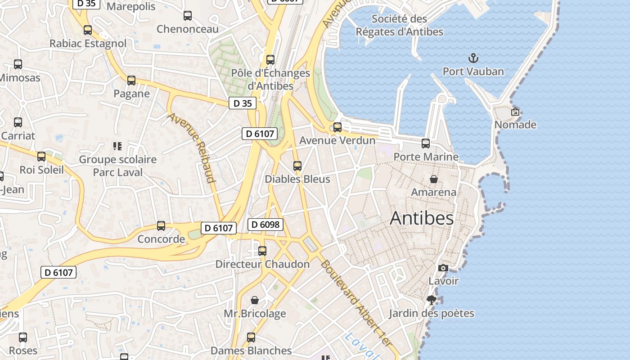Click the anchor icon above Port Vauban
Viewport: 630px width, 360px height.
click(473, 58)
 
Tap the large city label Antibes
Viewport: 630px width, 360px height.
click(422, 218)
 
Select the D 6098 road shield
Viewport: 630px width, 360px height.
click(265, 224)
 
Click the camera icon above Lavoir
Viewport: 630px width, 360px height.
click(443, 268)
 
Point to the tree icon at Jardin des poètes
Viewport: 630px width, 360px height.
click(432, 300)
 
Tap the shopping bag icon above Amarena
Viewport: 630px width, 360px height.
click(434, 179)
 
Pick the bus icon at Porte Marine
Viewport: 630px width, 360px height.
click(426, 144)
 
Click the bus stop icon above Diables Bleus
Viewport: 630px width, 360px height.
click(297, 166)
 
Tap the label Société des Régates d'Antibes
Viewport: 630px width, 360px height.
click(400, 25)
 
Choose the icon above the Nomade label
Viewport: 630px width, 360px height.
click(515, 112)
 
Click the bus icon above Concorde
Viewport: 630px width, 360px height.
click(161, 226)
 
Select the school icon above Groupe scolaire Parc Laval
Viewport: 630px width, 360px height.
click(117, 146)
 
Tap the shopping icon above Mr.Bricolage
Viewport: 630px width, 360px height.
click(255, 300)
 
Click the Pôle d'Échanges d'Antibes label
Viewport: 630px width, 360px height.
click(270, 79)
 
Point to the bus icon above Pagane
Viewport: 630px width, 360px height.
click(131, 81)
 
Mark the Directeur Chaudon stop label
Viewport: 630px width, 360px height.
click(262, 264)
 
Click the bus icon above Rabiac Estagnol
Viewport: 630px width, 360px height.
click(88, 30)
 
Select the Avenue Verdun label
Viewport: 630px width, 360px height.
click(337, 140)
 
